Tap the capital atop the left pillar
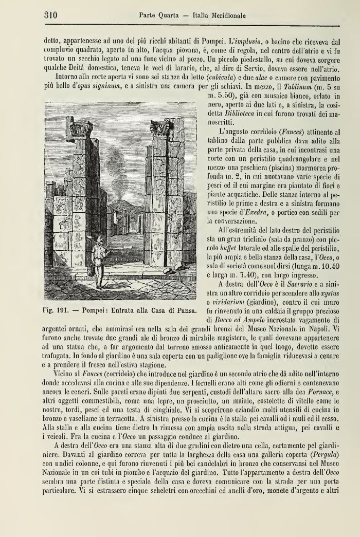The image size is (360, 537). pos(82,129)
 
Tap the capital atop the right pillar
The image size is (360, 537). pos(161,127)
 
